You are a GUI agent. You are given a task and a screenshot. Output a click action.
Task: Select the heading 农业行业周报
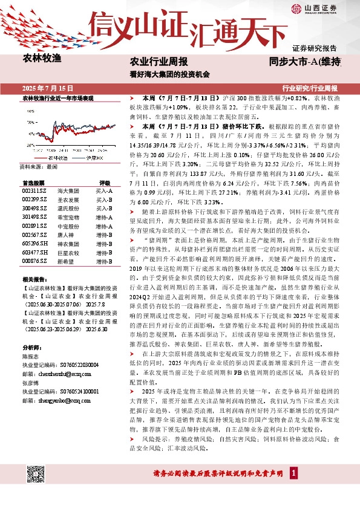pos(159,62)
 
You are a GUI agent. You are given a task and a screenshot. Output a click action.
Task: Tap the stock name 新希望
pos(66,261)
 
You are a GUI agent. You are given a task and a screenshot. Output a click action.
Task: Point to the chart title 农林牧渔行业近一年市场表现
pos(57,97)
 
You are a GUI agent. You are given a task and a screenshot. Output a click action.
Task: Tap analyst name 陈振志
pos(31,357)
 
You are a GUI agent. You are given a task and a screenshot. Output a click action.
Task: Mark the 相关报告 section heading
pos(33,280)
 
